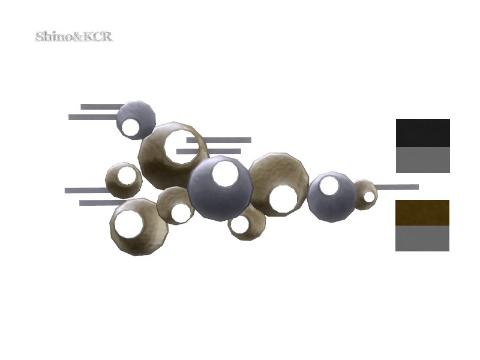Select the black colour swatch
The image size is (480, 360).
pos(423,133)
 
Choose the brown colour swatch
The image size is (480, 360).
pos(422,213)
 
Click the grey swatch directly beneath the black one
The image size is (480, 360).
pos(423,160)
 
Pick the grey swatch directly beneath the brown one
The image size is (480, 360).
pos(422,238)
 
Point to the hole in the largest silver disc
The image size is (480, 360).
pos(226,173)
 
